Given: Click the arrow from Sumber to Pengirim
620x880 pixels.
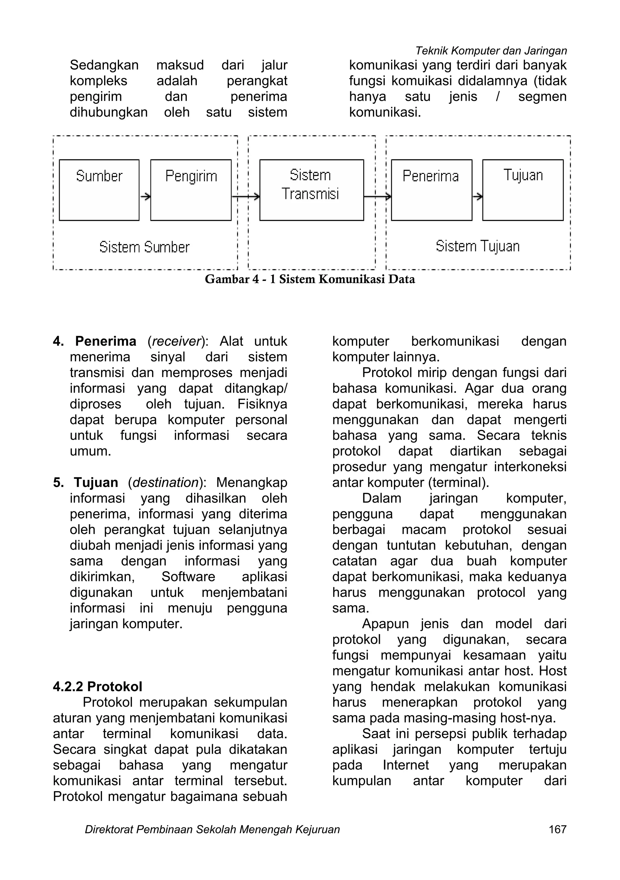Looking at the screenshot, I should click(145, 197).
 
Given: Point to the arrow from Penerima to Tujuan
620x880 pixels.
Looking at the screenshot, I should click(477, 197).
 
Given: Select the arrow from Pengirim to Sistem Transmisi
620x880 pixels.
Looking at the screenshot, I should click(246, 197).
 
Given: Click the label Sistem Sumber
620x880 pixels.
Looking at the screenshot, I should click(144, 247).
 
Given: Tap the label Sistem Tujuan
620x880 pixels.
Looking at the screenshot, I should click(477, 246).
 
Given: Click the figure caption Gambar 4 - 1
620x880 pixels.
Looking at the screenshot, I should click(310, 279).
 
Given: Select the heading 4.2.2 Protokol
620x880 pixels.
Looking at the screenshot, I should click(97, 686).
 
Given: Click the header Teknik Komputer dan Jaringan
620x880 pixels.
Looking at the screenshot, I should click(491, 51).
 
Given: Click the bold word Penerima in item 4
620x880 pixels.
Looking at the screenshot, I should click(106, 341).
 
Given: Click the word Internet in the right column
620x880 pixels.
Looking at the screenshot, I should click(406, 765).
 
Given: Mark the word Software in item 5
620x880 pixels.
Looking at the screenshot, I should click(188, 576).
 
